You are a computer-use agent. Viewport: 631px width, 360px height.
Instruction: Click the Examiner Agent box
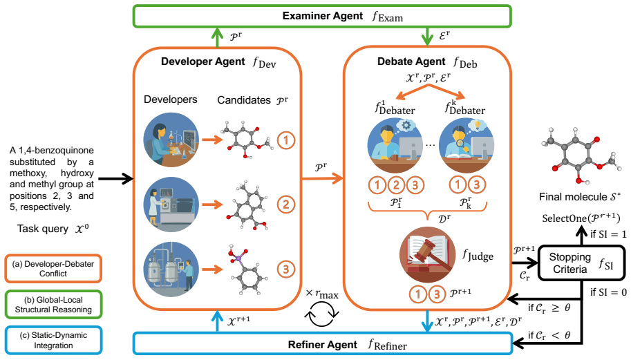pyautogui.click(x=322, y=16)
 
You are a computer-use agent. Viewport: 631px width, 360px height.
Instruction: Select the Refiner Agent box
pyautogui.click(x=322, y=344)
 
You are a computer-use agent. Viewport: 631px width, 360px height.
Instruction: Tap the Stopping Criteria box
pyautogui.click(x=581, y=263)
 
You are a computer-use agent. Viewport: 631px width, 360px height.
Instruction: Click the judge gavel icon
pyautogui.click(x=427, y=254)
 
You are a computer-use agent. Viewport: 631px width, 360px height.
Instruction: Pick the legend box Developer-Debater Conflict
pyautogui.click(x=53, y=268)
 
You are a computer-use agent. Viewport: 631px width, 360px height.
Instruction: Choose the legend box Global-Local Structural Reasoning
pyautogui.click(x=53, y=305)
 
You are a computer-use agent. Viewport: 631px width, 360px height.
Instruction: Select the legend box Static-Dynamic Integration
pyautogui.click(x=53, y=340)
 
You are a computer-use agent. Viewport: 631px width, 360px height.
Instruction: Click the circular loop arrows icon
pyautogui.click(x=321, y=314)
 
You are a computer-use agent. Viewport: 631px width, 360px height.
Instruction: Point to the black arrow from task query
pyautogui.click(x=115, y=178)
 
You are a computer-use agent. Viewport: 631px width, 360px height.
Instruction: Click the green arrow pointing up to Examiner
pyautogui.click(x=217, y=38)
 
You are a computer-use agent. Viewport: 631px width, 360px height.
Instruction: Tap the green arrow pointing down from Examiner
pyautogui.click(x=427, y=37)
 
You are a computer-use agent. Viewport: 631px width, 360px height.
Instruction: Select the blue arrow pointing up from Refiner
pyautogui.click(x=217, y=321)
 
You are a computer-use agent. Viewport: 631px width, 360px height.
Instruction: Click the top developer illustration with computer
pyautogui.click(x=171, y=140)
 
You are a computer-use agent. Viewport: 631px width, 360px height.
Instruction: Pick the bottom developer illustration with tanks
pyautogui.click(x=171, y=269)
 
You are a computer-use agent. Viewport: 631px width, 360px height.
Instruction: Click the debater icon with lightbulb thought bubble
pyautogui.click(x=467, y=145)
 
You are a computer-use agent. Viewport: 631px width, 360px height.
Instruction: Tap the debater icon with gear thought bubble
pyautogui.click(x=395, y=145)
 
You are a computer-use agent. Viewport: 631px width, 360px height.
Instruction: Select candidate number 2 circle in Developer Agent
pyautogui.click(x=286, y=205)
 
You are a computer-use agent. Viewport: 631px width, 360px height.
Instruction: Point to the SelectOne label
pyautogui.click(x=581, y=218)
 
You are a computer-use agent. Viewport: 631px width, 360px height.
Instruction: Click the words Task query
pyautogui.click(x=43, y=229)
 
